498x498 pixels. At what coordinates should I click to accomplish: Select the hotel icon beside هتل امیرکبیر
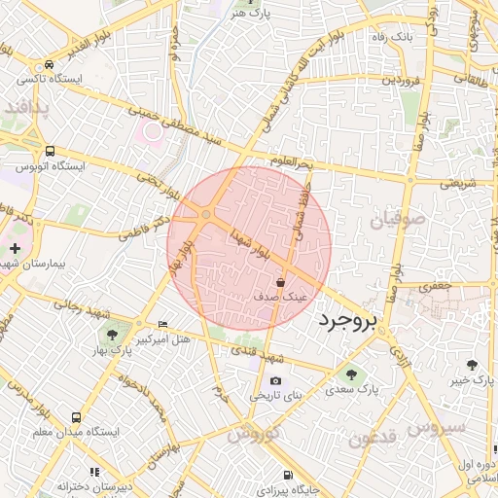pyautogui.click(x=161, y=324)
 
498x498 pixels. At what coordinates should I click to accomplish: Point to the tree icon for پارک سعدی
pyautogui.click(x=349, y=373)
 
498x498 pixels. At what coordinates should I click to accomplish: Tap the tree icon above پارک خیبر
pyautogui.click(x=473, y=364)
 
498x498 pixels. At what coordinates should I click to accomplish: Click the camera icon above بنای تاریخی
pyautogui.click(x=275, y=380)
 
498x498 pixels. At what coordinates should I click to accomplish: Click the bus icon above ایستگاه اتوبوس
pyautogui.click(x=50, y=151)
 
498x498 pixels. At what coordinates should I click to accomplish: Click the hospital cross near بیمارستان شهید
pyautogui.click(x=14, y=250)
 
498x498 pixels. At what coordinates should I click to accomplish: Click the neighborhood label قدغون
pyautogui.click(x=371, y=437)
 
